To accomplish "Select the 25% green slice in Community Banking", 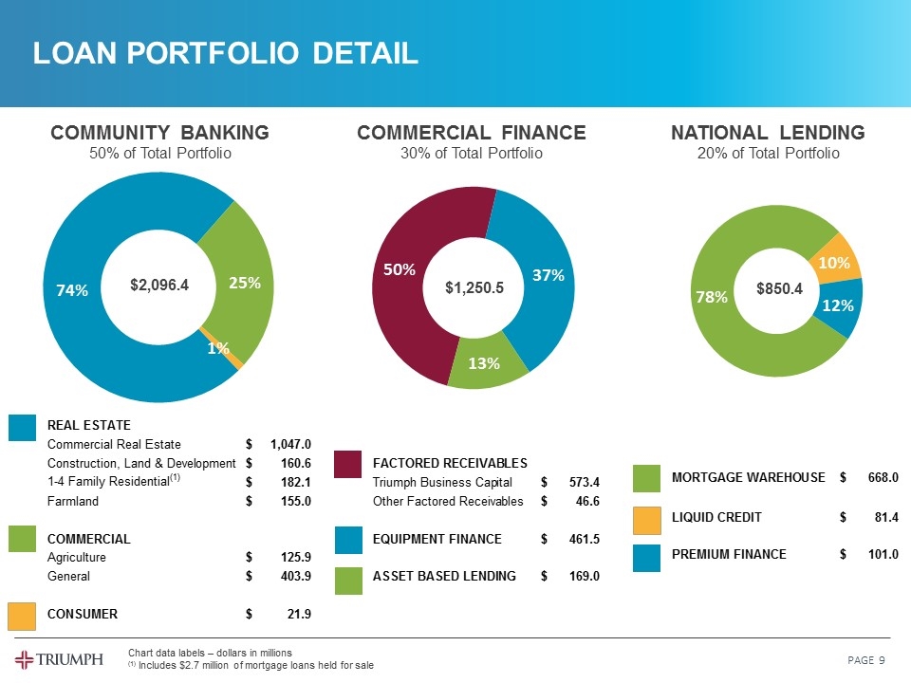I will (245, 282).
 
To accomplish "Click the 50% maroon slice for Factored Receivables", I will (399, 270).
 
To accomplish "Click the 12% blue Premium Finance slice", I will (839, 305).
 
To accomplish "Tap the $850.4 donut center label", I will (779, 287).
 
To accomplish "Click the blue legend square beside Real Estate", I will (22, 428).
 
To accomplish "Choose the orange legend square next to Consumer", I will (22, 616).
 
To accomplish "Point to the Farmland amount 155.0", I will (295, 501).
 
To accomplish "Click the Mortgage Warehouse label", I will (748, 477).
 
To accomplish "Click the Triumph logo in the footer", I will (59, 659).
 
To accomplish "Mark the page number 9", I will (882, 660).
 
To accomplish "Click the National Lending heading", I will (768, 133).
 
